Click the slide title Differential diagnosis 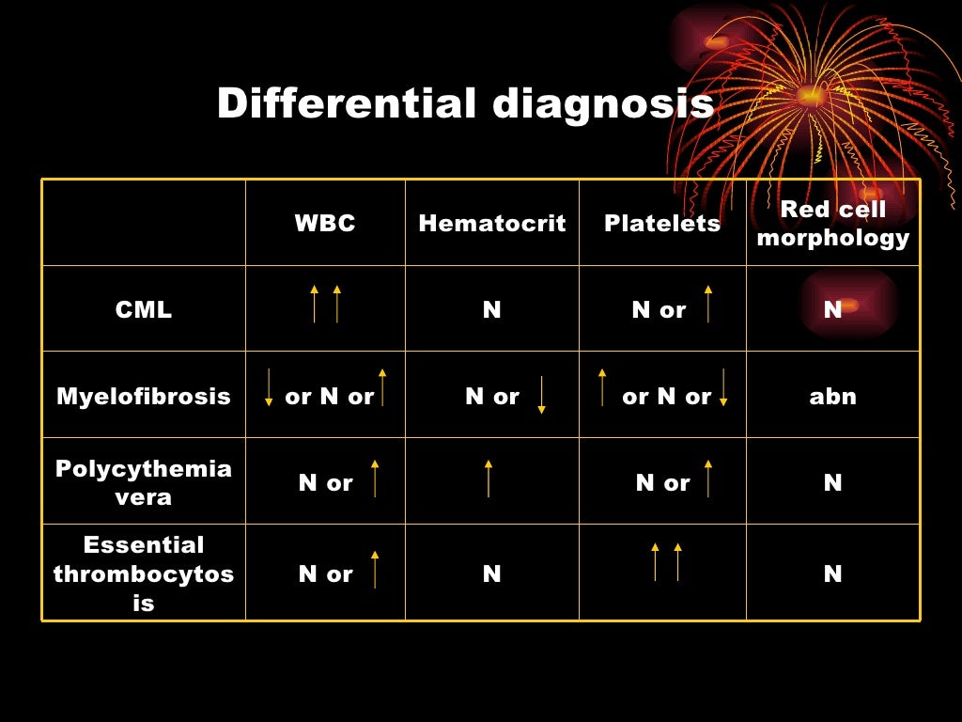tap(465, 103)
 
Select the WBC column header tap(325, 224)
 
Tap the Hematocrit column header tap(492, 224)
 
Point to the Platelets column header tap(662, 224)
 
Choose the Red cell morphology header tap(833, 224)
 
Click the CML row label tap(144, 310)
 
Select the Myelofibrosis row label tap(144, 397)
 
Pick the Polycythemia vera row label tap(144, 482)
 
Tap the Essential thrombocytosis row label tap(144, 573)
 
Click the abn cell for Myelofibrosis tap(833, 397)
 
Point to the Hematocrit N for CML tap(492, 310)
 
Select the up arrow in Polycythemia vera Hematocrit tap(489, 479)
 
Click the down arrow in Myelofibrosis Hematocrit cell tap(542, 396)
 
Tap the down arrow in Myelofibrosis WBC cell tap(269, 387)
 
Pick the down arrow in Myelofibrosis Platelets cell tap(723, 387)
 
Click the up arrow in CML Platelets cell tap(708, 304)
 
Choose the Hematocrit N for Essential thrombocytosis tap(492, 573)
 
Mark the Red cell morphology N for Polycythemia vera tap(833, 483)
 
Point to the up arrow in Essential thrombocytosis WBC tap(375, 570)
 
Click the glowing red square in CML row tap(849, 305)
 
